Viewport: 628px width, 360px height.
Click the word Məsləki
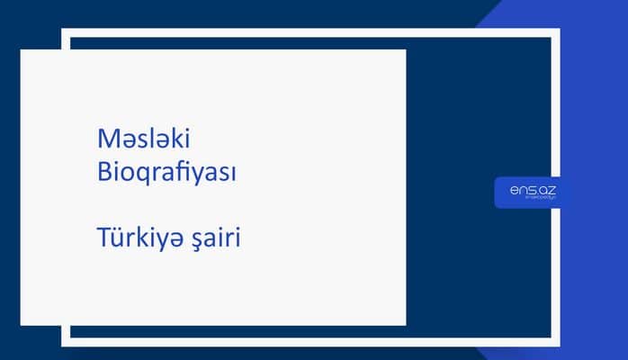[x=144, y=139]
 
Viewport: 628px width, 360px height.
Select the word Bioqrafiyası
[x=166, y=173]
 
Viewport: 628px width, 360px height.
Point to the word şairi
[x=217, y=241]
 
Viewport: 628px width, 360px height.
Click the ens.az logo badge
[x=528, y=193]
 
